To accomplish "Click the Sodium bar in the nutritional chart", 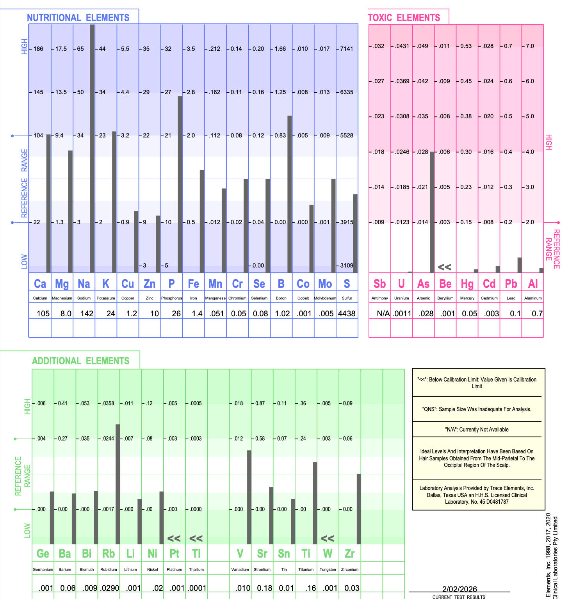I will click(93, 148).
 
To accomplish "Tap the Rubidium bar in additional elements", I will click(118, 484).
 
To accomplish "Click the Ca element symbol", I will click(40, 284).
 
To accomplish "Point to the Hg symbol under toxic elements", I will click(467, 284).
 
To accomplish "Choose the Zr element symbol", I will click(349, 553).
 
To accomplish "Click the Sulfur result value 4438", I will click(347, 314).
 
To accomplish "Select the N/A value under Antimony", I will click(383, 314).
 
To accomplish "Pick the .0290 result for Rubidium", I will click(110, 588).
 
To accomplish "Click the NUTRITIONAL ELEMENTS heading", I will click(78, 18).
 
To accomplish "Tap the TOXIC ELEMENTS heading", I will click(404, 18).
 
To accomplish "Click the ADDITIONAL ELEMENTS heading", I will click(80, 361).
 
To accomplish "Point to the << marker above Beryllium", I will click(444, 267).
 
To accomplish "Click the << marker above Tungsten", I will click(327, 538).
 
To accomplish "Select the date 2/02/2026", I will click(459, 589).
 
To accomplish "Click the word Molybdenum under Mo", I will click(325, 298).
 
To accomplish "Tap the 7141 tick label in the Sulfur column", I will click(347, 49).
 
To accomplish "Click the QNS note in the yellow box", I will click(477, 409).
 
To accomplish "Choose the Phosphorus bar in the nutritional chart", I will click(180, 184).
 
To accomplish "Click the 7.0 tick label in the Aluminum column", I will click(530, 46).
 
